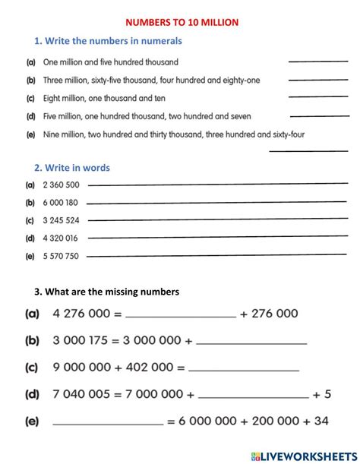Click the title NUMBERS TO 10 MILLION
coord(179,23)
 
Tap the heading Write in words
coord(71,168)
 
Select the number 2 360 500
coord(62,185)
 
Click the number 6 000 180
coord(62,203)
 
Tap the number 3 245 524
coord(62,220)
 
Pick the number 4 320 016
coord(62,238)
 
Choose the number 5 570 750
coord(62,256)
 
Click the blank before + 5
coord(254,396)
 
